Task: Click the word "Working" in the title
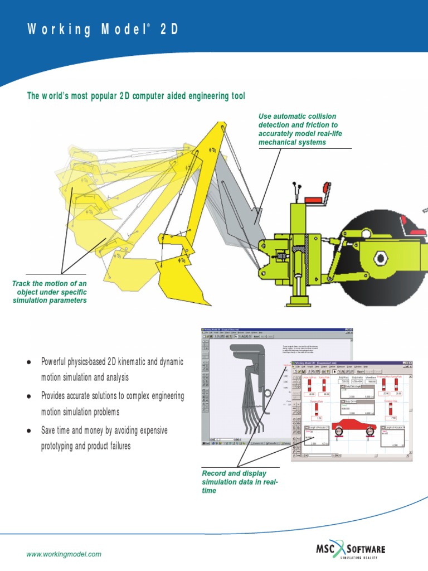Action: click(x=58, y=30)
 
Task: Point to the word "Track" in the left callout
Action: click(x=22, y=284)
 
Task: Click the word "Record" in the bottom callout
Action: click(x=214, y=473)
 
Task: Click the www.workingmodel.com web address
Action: click(x=64, y=554)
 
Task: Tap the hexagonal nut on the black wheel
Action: click(x=381, y=259)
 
